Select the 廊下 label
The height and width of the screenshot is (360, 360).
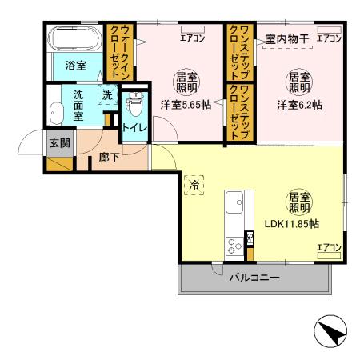(x=110, y=158)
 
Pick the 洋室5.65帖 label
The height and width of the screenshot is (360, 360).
(x=185, y=104)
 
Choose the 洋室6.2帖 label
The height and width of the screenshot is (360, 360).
(x=300, y=104)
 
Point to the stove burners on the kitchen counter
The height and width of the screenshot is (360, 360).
(x=234, y=244)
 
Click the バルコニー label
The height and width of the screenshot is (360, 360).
(x=255, y=278)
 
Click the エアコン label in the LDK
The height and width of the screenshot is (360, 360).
(x=329, y=247)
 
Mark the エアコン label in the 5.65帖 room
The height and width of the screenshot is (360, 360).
(x=192, y=38)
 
